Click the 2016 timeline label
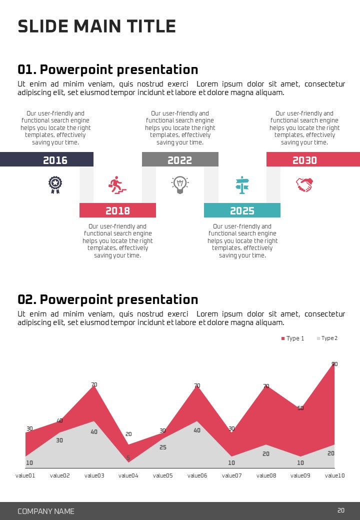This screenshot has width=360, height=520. (55, 160)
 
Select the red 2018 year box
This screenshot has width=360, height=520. (117, 210)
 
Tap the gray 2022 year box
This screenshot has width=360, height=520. (179, 160)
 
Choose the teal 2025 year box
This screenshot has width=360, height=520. (242, 210)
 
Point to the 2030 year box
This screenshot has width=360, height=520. (304, 160)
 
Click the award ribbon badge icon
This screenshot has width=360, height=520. (55, 184)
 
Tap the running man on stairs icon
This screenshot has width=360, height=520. (117, 184)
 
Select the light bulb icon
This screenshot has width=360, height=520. (179, 184)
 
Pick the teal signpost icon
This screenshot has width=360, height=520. (242, 185)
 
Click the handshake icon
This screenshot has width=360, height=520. (304, 184)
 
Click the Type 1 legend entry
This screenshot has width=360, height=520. (292, 338)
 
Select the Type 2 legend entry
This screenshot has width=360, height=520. (327, 338)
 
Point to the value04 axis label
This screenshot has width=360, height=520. (128, 475)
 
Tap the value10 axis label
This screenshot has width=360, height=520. (334, 475)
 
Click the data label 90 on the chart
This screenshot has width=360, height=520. (334, 364)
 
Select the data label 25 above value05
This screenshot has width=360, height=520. (163, 447)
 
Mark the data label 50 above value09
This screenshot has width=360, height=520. (300, 408)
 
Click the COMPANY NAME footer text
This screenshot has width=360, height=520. (46, 511)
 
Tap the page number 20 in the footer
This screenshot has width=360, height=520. (341, 510)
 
